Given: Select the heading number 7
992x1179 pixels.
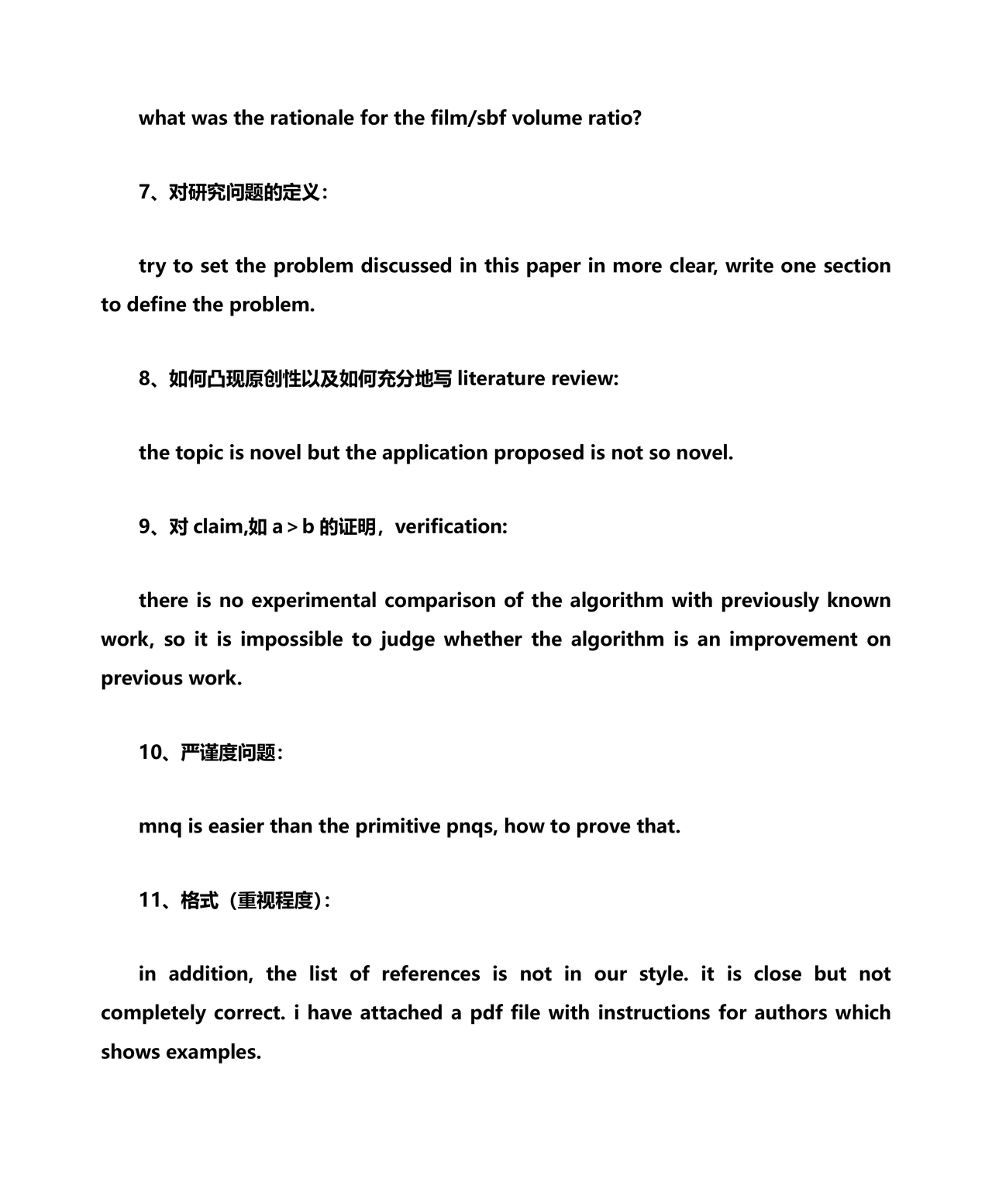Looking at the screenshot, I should click(x=145, y=192).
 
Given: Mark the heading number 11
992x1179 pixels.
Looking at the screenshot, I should click(x=150, y=900).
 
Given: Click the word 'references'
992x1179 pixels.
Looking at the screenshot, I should click(x=430, y=974).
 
